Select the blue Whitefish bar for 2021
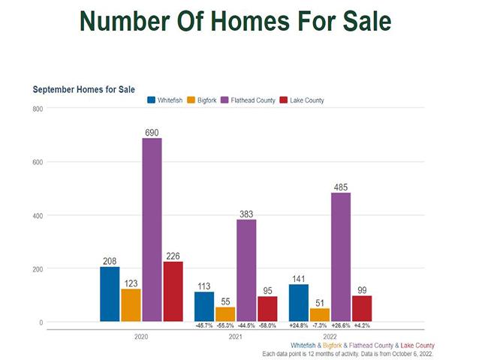point(204,307)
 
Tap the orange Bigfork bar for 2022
point(320,315)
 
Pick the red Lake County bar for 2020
point(173,292)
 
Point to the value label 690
point(152,132)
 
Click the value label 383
point(246,214)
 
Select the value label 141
point(299,278)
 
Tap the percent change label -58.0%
point(267,325)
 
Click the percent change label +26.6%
point(341,325)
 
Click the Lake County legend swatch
point(283,100)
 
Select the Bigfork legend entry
point(202,100)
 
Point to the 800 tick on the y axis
point(37,109)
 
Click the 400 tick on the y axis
point(37,216)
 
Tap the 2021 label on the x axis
point(235,337)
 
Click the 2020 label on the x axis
point(141,337)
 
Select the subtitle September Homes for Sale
point(83,89)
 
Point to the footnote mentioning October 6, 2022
point(348,353)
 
